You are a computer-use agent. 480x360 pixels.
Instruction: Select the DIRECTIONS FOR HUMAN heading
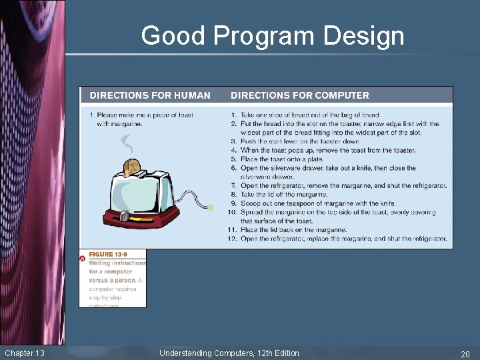(x=150, y=95)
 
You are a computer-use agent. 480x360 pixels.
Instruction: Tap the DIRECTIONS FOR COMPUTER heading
(x=299, y=95)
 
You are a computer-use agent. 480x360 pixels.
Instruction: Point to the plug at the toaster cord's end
(x=211, y=208)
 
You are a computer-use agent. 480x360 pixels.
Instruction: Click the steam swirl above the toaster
(x=126, y=143)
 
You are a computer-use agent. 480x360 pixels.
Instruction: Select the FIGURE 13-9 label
(x=108, y=254)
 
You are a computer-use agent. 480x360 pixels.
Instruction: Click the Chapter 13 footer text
(x=25, y=353)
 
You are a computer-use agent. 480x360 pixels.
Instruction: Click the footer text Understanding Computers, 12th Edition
(x=229, y=353)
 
